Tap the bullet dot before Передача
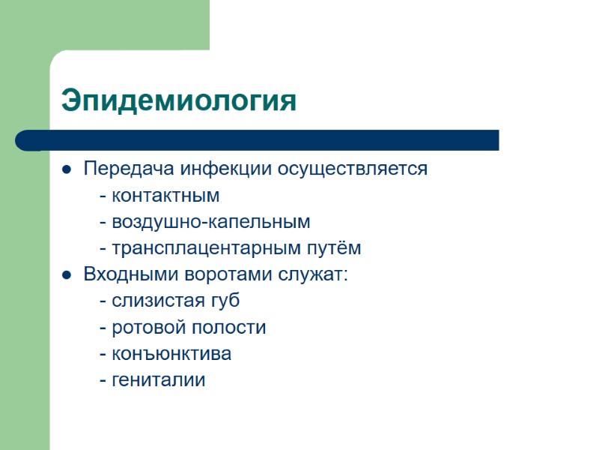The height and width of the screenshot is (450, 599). click(67, 169)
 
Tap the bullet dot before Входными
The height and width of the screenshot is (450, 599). click(67, 274)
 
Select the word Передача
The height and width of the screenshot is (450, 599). click(120, 169)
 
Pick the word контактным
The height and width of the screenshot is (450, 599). click(165, 196)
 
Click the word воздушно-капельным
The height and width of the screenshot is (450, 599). click(210, 222)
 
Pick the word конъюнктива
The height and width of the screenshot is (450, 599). click(171, 354)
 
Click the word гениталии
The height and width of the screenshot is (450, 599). click(158, 380)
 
